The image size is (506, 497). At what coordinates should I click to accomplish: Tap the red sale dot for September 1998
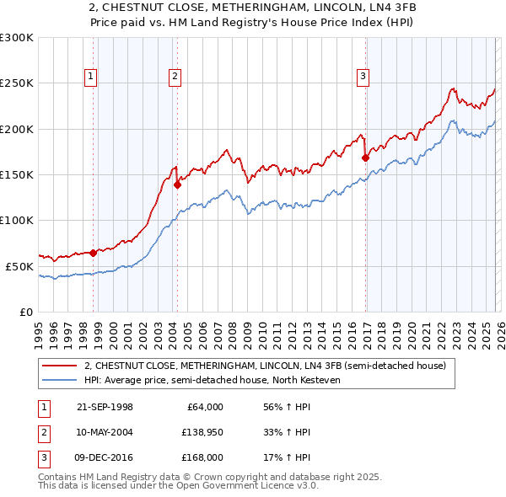pyautogui.click(x=93, y=253)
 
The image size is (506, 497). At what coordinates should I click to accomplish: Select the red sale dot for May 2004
pyautogui.click(x=177, y=184)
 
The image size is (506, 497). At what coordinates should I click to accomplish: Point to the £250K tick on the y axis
pyautogui.click(x=17, y=83)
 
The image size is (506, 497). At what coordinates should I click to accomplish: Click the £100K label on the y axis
pyautogui.click(x=17, y=220)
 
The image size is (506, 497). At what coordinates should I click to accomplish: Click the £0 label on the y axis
pyautogui.click(x=25, y=312)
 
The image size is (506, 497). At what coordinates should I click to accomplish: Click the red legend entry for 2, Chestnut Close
pyautogui.click(x=270, y=366)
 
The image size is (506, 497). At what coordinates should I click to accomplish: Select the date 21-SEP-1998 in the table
pyautogui.click(x=105, y=407)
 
